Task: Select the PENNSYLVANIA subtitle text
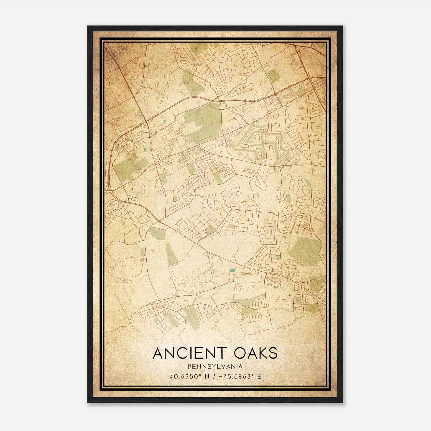click(x=215, y=367)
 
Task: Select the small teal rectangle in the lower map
click(x=232, y=270)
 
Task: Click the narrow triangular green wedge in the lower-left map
click(x=171, y=255)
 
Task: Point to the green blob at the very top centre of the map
click(x=199, y=48)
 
